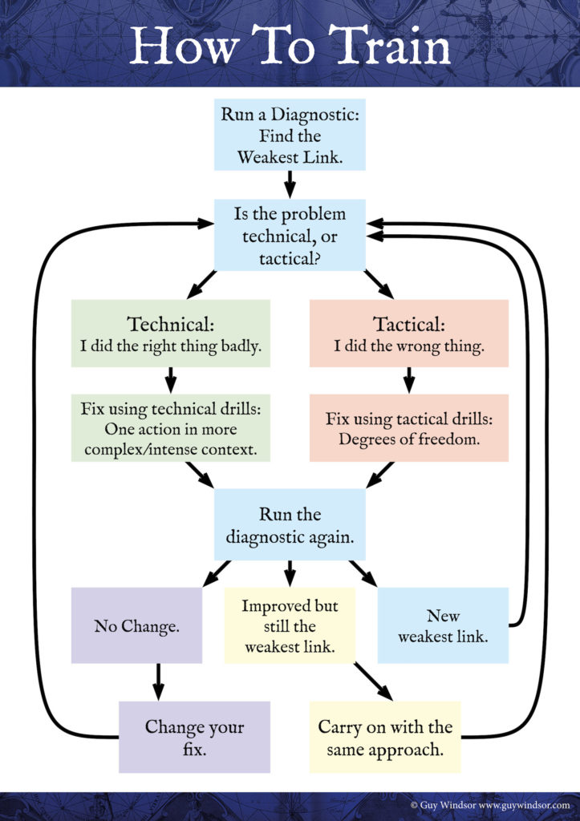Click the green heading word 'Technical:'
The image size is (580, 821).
pos(171,325)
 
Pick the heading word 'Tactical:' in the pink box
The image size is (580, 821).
pos(408,325)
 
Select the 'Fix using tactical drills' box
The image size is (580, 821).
pos(408,428)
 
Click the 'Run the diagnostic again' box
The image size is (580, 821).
pos(290,525)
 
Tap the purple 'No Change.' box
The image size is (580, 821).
pos(136,626)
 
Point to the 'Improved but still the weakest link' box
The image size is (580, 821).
pos(290,626)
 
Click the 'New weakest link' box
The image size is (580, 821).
pos(442,626)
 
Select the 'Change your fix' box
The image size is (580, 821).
pos(194,737)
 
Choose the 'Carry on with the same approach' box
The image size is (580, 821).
pos(385,737)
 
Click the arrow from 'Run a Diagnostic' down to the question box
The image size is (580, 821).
pos(290,184)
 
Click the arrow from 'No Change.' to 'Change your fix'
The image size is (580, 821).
pos(158,681)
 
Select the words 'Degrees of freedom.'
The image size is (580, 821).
pos(408,439)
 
